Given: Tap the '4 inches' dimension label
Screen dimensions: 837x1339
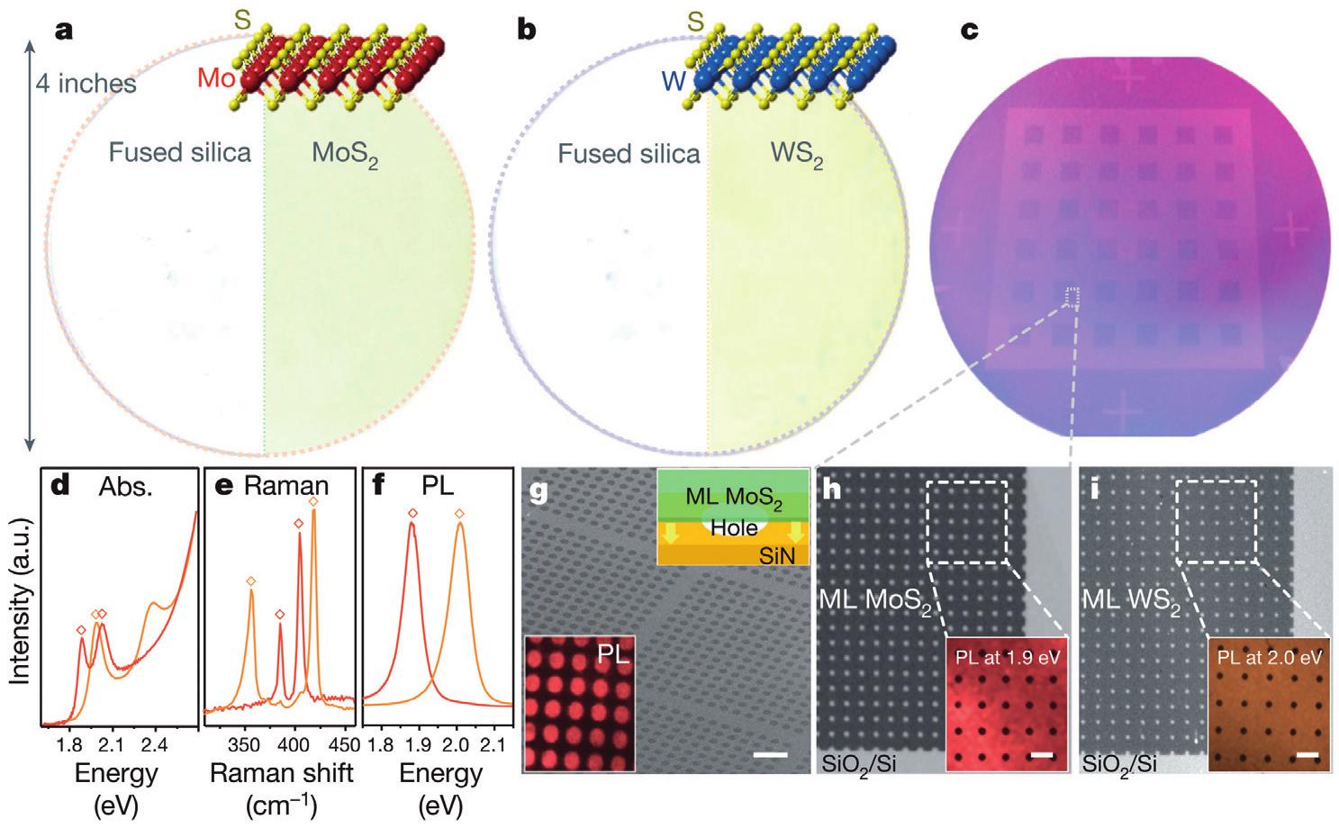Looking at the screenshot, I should pos(86,85).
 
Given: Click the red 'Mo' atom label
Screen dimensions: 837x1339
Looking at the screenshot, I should pos(216,79).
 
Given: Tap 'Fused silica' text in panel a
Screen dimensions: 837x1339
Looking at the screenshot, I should pos(180,152).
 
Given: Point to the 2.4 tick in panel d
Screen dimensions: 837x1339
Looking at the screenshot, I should pos(155,746).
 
